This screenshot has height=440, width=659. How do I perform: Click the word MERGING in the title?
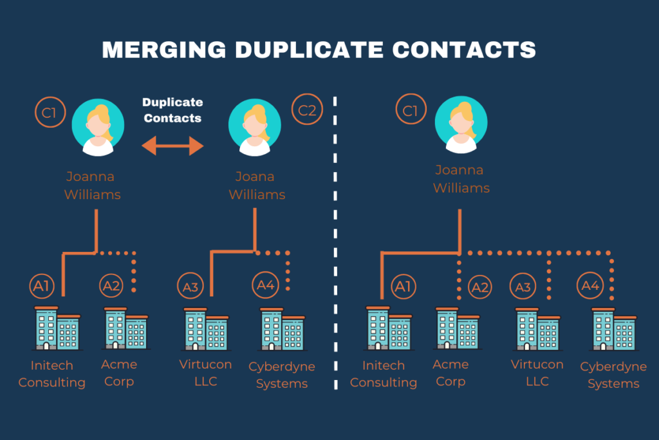(164, 50)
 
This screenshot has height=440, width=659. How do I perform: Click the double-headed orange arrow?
(172, 146)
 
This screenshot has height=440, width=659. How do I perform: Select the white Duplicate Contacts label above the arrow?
(172, 110)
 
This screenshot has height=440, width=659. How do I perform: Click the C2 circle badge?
(307, 110)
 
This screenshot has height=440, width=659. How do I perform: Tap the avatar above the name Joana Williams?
(255, 126)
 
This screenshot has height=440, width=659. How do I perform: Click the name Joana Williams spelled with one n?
(256, 186)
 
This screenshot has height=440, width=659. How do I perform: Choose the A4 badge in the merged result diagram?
(590, 285)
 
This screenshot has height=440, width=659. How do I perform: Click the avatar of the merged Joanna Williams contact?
(461, 124)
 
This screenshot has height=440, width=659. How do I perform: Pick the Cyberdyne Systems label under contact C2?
(282, 375)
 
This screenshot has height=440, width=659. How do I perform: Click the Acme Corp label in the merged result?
(450, 372)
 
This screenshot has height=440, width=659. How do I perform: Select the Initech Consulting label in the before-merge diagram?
(51, 374)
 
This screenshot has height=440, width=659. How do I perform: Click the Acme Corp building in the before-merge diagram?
(125, 329)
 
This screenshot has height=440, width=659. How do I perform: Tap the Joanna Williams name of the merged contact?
(461, 179)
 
